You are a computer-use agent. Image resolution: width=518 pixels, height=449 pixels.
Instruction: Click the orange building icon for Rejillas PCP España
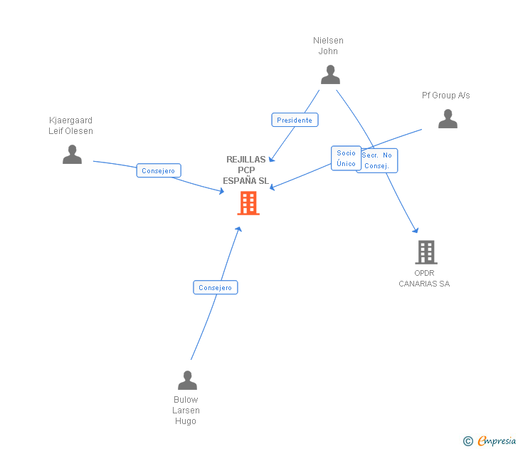[248, 203]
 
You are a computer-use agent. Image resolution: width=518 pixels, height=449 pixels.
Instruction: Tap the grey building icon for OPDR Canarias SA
[425, 252]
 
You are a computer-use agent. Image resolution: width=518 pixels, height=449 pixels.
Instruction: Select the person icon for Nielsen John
[330, 74]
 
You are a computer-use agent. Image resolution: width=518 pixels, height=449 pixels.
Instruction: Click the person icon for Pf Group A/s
[448, 118]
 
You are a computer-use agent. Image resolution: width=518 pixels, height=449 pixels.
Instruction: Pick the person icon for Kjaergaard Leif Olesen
[72, 154]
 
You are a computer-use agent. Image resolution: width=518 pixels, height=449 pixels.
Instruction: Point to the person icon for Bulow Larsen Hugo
[187, 381]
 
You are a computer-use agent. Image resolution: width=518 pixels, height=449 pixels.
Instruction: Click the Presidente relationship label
[295, 120]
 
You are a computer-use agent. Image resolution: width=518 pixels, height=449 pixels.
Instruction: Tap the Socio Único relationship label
[346, 158]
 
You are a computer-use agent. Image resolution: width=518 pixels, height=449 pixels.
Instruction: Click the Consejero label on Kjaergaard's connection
[159, 170]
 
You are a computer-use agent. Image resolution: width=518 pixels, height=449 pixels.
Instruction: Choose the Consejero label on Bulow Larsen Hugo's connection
[215, 287]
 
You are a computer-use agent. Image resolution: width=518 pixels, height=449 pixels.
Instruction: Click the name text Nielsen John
[328, 46]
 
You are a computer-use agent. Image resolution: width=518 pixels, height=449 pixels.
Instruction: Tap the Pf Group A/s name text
[445, 96]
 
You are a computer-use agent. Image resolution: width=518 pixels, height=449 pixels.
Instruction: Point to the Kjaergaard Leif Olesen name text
[70, 125]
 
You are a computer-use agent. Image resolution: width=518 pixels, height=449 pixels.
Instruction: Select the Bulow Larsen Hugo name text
[186, 410]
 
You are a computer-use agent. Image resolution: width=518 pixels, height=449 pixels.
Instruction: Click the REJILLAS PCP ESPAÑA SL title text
[246, 170]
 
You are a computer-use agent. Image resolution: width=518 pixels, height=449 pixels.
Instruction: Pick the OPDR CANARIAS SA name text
[424, 278]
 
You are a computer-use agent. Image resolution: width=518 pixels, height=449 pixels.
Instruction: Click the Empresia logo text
[496, 440]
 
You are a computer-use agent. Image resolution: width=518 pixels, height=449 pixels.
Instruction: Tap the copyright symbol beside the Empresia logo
[467, 441]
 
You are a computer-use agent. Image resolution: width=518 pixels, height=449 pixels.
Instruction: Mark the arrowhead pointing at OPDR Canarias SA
[416, 229]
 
